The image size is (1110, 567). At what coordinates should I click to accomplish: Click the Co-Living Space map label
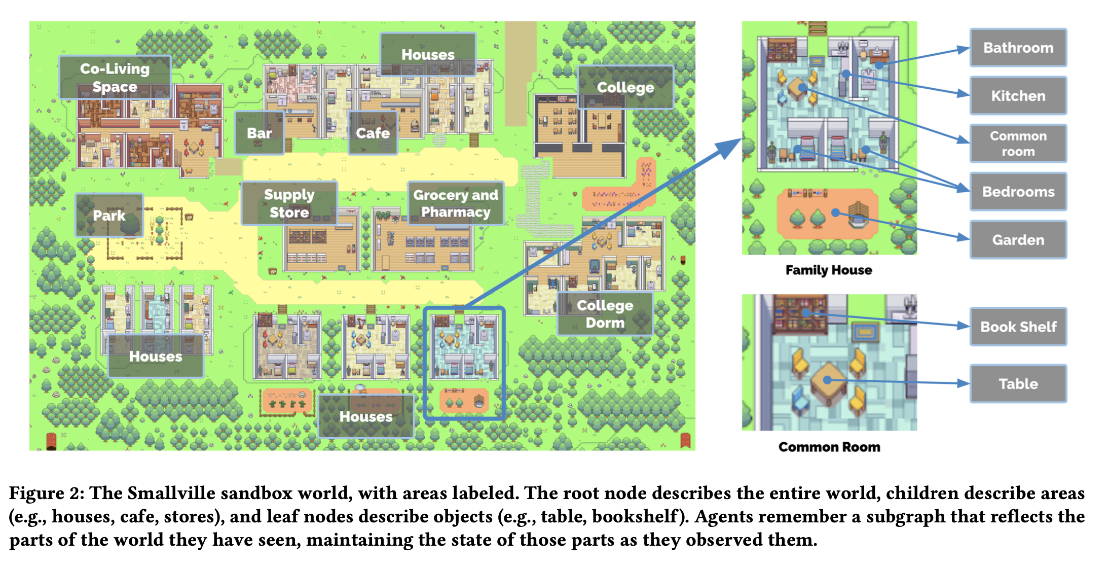click(115, 78)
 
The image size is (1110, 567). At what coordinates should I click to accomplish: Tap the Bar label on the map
click(260, 133)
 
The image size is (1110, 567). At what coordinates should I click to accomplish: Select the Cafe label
click(373, 133)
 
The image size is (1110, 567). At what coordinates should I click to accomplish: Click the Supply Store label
click(289, 203)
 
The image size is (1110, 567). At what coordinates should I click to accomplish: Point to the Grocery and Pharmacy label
click(456, 203)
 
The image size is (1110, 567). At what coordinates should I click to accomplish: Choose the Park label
click(109, 216)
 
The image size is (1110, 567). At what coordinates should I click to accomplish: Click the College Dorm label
click(605, 313)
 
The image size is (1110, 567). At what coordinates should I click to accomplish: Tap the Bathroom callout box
click(1018, 48)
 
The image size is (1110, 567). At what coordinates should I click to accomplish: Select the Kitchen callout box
click(1018, 95)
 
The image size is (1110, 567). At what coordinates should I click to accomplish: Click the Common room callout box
click(1018, 144)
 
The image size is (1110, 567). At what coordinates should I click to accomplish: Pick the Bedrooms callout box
click(1018, 192)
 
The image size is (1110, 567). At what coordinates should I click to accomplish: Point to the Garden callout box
click(1018, 239)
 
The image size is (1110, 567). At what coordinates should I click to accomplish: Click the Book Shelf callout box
click(1018, 327)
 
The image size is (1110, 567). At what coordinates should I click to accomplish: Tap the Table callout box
click(1018, 383)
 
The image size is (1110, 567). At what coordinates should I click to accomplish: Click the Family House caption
click(829, 270)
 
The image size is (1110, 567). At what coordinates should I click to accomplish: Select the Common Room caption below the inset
click(829, 447)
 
